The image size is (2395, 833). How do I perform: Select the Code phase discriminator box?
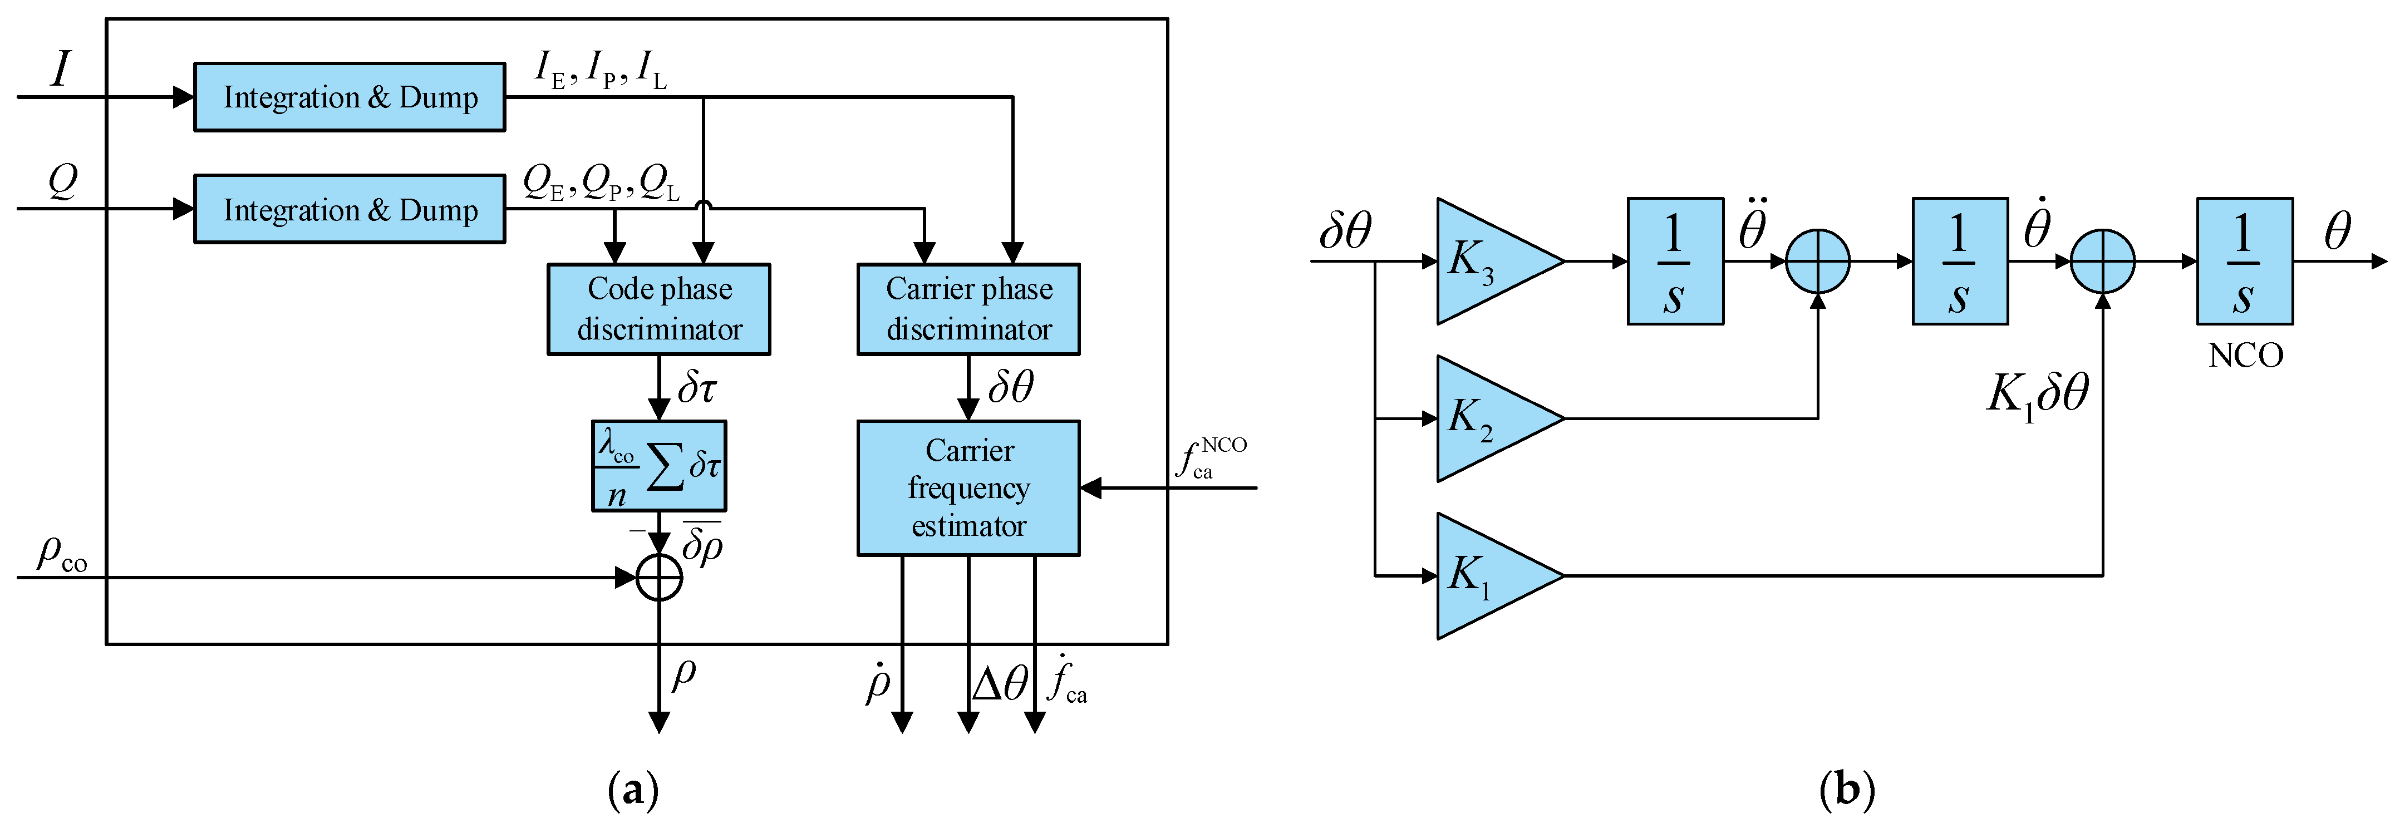[658, 309]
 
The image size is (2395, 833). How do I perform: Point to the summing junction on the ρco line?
[658, 578]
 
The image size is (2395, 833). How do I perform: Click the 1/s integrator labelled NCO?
[2244, 261]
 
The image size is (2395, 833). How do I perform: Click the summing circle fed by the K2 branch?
[1818, 261]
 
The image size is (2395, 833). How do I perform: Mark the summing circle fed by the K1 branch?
[2102, 261]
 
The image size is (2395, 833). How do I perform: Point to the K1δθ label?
[2036, 394]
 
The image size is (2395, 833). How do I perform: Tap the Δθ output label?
[1000, 684]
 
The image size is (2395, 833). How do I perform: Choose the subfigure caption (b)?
[1846, 791]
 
